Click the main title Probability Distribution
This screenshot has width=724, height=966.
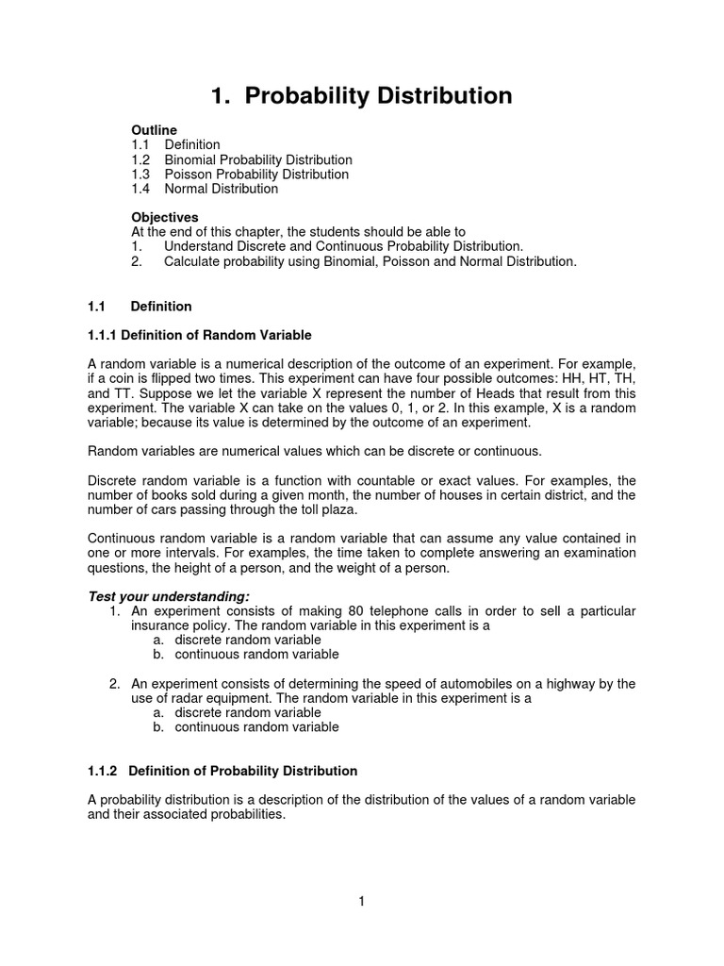(361, 95)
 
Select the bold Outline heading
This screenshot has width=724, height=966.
(154, 129)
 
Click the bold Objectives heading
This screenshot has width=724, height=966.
(164, 217)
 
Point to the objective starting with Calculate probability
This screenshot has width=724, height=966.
(369, 261)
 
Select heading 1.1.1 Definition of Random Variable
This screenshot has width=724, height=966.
(199, 335)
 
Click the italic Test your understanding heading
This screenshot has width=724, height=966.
(169, 596)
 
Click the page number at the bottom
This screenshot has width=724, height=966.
(361, 902)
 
